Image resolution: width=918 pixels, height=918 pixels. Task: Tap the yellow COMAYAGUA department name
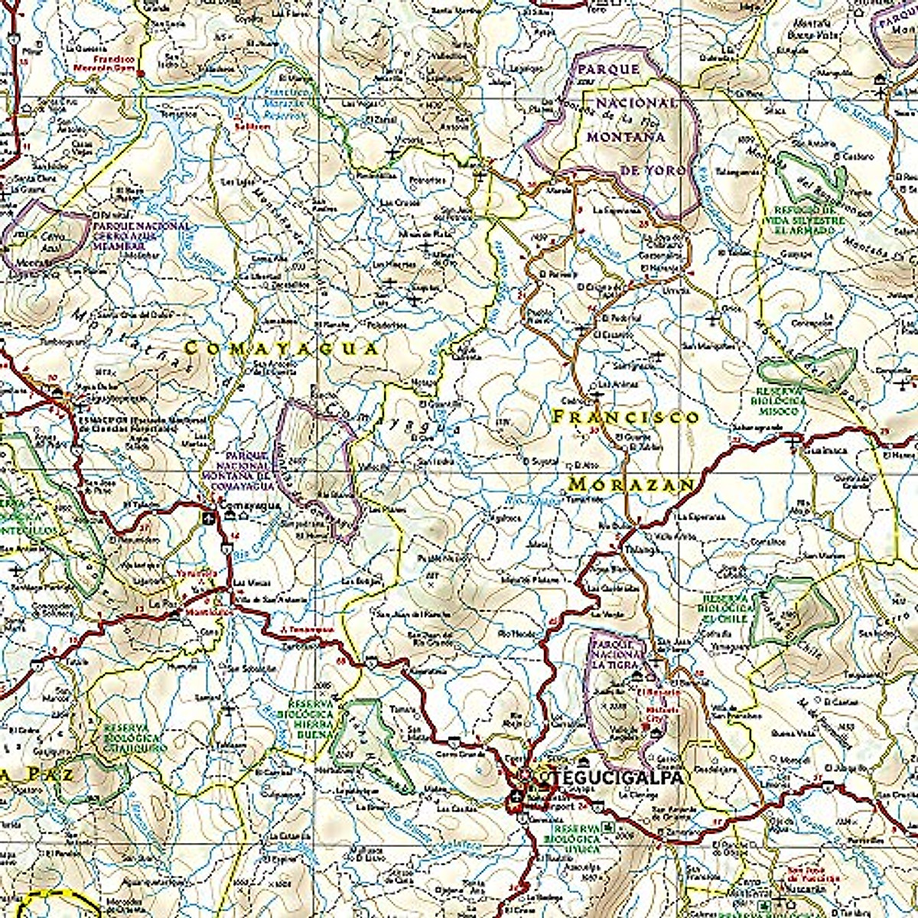pos(282,349)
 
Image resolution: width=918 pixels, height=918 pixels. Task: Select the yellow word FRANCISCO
pos(626,417)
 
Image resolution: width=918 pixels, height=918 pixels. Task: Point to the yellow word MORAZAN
pos(632,485)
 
